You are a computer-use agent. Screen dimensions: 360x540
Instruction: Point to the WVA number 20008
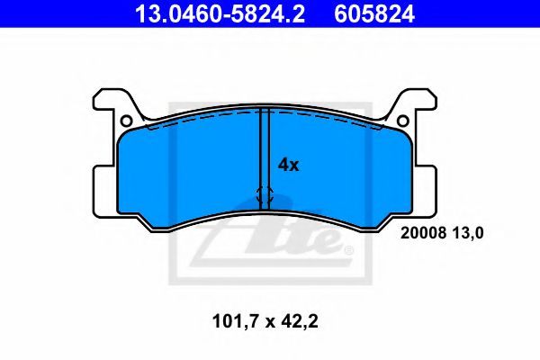point(419,232)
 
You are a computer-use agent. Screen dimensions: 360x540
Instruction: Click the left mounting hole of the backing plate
point(127,121)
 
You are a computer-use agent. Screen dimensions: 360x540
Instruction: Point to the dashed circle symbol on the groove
point(265,193)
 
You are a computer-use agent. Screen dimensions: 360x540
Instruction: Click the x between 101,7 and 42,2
point(267,320)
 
